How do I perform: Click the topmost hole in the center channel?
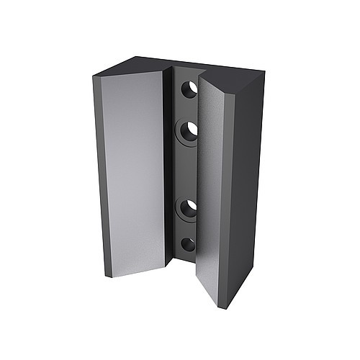189,90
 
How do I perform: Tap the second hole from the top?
188,132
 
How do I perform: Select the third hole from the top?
188,209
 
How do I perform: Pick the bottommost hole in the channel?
188,243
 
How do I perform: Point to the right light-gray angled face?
215,187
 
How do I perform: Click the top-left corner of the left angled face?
102,78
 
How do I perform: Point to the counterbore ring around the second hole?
178,134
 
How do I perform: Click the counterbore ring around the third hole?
178,210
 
